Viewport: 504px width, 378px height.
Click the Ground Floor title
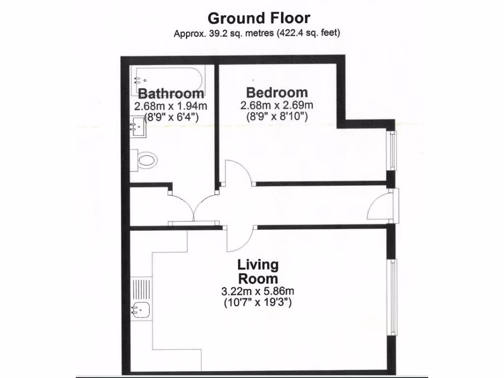click(259, 18)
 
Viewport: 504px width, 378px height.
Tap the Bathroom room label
click(171, 94)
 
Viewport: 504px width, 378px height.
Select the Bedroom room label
click(277, 92)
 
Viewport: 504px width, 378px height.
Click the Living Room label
click(258, 272)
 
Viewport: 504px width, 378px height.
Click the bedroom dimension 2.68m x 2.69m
click(277, 105)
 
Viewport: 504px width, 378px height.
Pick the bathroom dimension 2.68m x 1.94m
click(171, 106)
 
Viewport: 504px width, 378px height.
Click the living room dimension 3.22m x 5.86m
click(258, 291)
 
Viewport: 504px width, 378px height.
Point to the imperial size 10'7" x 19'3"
click(258, 302)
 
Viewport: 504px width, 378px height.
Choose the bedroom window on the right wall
click(392, 151)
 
